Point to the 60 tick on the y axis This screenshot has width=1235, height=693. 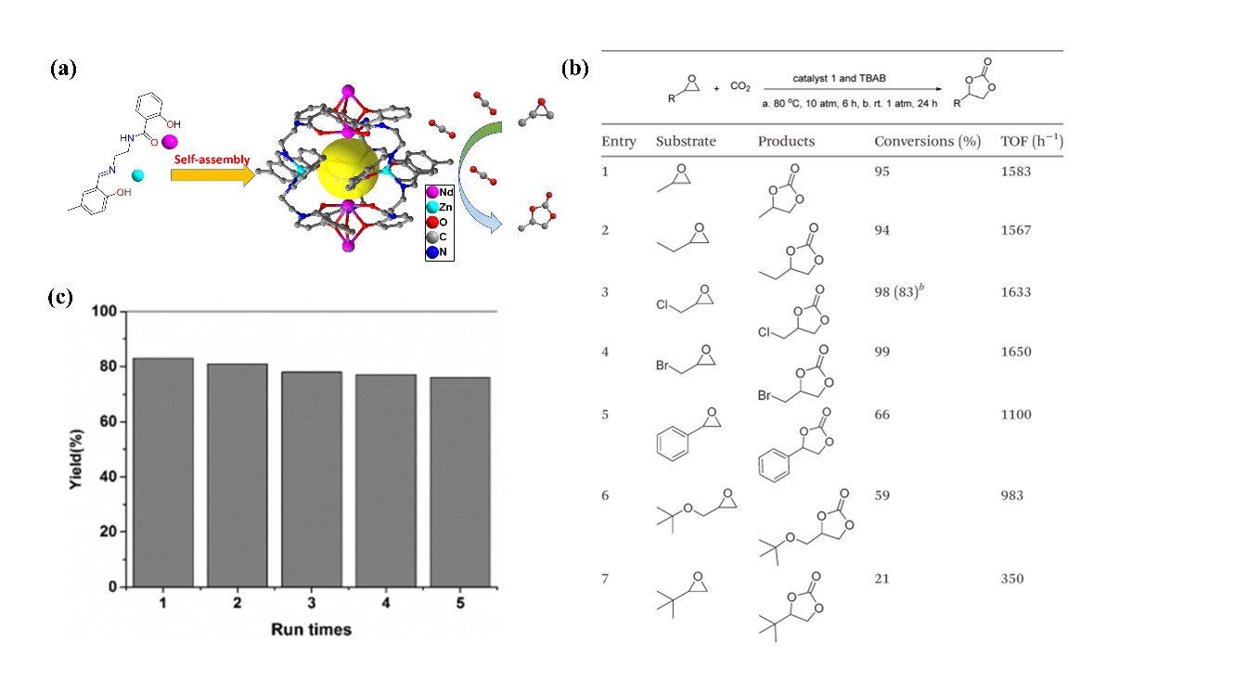coord(110,422)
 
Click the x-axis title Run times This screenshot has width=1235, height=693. coord(311,630)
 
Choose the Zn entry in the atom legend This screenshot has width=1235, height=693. coord(440,209)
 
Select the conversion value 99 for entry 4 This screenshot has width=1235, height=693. coord(882,353)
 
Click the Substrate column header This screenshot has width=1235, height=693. coord(688,142)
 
